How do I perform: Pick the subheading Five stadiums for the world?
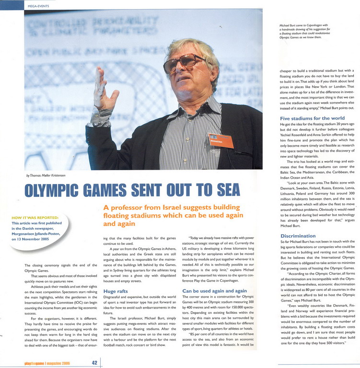point(312,118)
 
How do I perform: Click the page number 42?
point(94,363)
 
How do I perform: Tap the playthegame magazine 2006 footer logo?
point(47,363)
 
